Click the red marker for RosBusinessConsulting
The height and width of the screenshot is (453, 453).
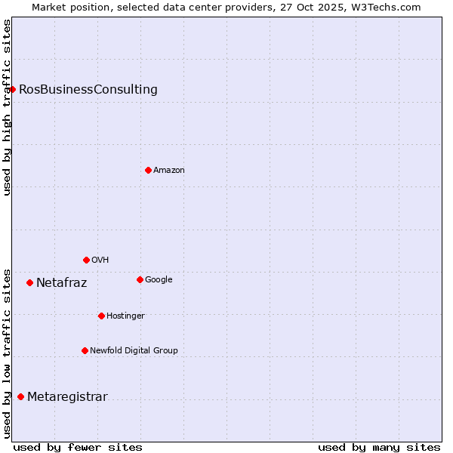click(x=12, y=89)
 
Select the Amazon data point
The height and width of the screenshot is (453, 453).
click(x=148, y=170)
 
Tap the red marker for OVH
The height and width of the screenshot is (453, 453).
click(x=86, y=260)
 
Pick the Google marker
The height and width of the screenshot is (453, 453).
click(x=140, y=279)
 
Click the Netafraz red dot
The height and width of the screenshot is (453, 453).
click(x=29, y=282)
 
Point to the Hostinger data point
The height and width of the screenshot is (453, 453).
click(x=101, y=316)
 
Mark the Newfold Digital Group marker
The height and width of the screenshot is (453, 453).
click(x=85, y=350)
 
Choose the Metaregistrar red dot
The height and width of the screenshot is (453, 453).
click(x=20, y=396)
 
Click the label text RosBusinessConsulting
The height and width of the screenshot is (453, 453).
click(x=88, y=90)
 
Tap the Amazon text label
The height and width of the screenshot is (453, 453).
click(x=169, y=171)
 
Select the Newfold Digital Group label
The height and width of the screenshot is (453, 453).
click(x=134, y=350)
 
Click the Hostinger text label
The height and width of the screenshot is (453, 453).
click(x=125, y=316)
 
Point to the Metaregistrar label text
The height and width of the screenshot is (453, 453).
click(x=67, y=397)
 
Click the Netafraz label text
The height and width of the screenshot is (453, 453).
click(x=61, y=283)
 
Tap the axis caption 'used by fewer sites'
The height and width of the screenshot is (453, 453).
click(x=78, y=447)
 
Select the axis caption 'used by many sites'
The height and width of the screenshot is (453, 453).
click(x=379, y=447)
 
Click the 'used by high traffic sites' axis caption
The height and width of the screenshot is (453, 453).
click(x=8, y=107)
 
